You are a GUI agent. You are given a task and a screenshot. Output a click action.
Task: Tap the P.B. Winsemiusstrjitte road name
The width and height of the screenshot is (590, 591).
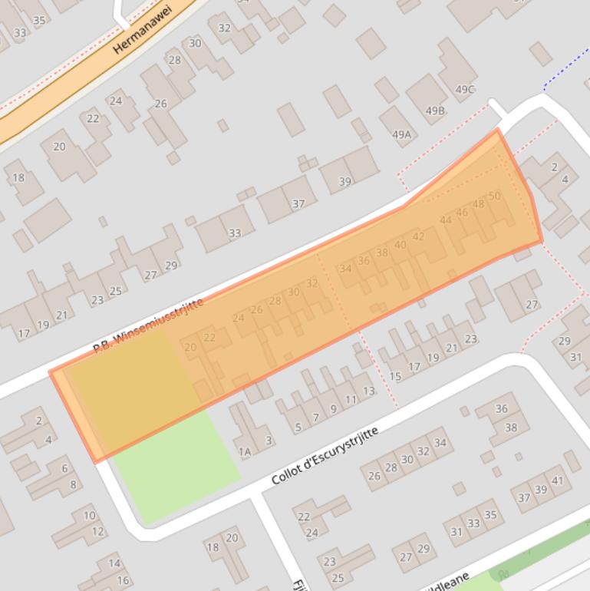point(148,326)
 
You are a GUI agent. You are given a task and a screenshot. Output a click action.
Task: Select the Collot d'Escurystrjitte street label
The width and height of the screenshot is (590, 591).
point(325,457)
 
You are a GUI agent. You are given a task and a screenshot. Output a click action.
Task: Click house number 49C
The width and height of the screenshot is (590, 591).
point(465,89)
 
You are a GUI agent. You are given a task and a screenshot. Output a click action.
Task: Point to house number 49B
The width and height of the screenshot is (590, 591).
point(435,111)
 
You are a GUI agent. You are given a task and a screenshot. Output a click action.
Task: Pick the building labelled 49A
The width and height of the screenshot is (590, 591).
point(401,134)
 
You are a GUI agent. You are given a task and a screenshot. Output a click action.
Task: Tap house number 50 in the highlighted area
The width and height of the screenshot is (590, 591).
point(494,196)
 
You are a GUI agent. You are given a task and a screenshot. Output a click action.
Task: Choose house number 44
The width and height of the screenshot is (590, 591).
point(446,220)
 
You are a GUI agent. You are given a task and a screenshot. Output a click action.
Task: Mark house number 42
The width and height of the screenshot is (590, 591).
point(418,236)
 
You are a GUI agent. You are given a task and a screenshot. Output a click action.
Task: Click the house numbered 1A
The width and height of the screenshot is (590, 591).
point(244,452)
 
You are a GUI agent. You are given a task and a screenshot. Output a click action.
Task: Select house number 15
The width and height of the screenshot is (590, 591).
point(395,376)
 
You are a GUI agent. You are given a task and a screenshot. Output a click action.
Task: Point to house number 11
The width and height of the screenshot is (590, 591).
point(351,399)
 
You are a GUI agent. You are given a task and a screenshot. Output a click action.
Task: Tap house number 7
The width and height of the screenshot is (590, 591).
point(315,418)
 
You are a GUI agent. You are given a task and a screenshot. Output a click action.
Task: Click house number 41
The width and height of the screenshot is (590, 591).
point(558,481)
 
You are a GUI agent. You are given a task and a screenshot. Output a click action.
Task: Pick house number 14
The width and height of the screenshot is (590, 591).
point(114,563)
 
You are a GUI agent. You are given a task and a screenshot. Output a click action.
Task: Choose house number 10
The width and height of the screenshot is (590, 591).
point(90,516)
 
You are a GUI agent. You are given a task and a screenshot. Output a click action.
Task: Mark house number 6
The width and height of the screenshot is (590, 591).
point(64,469)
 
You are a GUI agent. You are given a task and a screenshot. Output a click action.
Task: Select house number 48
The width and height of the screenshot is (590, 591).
point(478,204)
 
